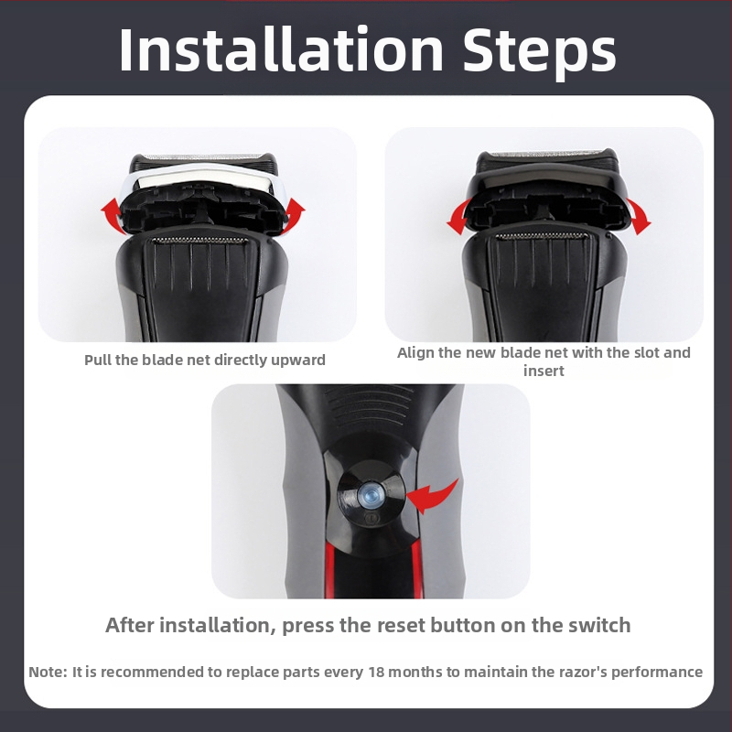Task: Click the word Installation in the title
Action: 281,49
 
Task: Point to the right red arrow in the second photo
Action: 639,216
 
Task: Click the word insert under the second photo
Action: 544,371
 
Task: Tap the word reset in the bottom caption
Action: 401,625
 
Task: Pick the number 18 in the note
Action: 375,672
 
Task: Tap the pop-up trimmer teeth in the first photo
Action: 200,240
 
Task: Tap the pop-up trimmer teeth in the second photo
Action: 542,236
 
